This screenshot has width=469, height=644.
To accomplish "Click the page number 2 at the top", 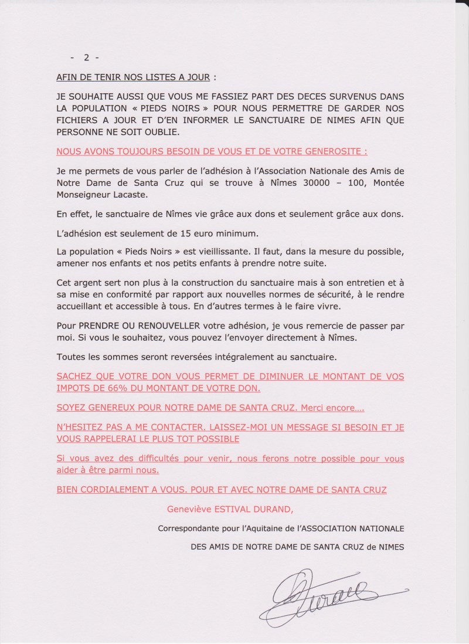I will point(86,57).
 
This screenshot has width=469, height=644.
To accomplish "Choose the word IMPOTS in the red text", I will point(73,388).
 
